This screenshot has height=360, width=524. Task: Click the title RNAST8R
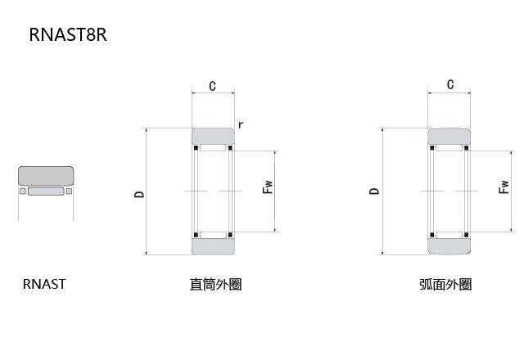68,34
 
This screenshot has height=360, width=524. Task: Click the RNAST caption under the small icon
44,285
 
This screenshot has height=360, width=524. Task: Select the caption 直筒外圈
215,285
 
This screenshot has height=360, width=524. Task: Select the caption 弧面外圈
445,285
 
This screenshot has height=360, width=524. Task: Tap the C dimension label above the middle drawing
213,86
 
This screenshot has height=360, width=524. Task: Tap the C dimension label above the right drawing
449,84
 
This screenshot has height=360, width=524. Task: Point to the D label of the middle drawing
140,194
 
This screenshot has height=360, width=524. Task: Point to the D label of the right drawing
375,191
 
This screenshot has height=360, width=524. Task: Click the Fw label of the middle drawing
267,187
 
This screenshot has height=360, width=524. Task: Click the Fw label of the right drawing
504,187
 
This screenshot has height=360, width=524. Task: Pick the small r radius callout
240,124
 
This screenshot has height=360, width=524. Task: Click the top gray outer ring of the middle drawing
213,136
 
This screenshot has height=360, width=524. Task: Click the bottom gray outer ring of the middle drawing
213,246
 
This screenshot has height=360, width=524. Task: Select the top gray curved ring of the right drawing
449,136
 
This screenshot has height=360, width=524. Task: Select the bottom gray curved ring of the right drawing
449,246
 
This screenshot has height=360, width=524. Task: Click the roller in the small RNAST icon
46,192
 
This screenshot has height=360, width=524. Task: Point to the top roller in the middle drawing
213,149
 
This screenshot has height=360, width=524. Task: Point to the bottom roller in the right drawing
449,235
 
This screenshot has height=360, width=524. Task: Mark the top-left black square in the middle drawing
196,148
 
